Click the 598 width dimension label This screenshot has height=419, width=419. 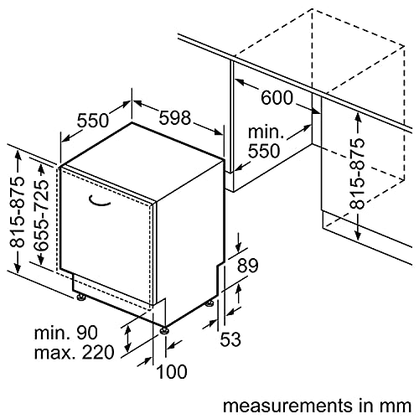click(175, 117)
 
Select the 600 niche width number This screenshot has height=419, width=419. click(277, 98)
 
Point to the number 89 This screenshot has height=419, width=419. click(247, 266)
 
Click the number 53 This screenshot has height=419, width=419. click(230, 339)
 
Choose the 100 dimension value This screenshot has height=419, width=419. click(172, 371)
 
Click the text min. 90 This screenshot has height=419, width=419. click(66, 333)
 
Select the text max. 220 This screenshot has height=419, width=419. click(74, 353)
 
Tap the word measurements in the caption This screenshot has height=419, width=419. click(287, 406)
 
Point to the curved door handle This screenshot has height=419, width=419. click(99, 201)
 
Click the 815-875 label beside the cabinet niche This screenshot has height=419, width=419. click(357, 173)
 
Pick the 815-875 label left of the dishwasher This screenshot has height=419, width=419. click(17, 213)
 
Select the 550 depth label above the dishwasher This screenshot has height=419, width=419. click(92, 121)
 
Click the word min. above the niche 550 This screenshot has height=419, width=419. click(266, 132)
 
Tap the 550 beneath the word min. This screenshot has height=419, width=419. click(264, 151)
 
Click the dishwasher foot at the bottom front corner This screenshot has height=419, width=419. click(164, 330)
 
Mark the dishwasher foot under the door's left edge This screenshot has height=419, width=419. click(80, 297)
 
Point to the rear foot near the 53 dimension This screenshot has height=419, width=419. click(210, 303)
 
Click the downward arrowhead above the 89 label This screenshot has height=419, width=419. click(238, 246)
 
